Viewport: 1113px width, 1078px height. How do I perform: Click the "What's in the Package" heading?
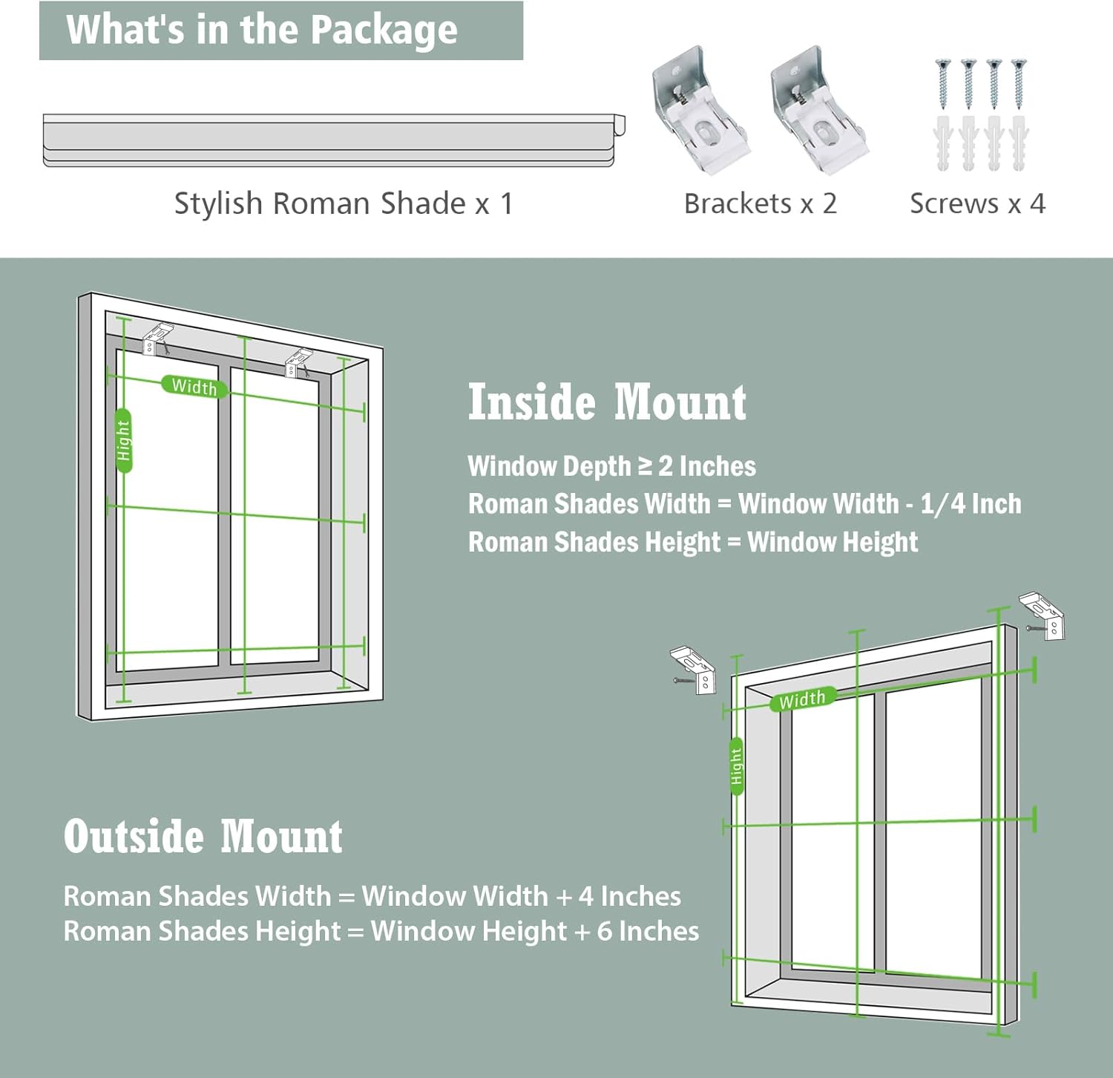point(262,30)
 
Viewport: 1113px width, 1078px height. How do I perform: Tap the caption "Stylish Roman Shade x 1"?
point(344,203)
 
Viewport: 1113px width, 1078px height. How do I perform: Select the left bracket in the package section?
point(699,111)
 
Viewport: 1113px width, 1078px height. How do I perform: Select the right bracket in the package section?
point(818,111)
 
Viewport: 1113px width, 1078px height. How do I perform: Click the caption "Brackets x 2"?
point(760,203)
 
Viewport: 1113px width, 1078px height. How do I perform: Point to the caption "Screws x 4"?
point(977,203)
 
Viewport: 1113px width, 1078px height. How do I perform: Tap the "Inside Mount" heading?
point(607,402)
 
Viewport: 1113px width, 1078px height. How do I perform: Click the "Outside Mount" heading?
point(203,837)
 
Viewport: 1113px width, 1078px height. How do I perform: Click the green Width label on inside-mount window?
point(194,386)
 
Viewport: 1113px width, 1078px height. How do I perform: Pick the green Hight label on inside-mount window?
point(124,440)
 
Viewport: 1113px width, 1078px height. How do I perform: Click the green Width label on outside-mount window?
point(802,699)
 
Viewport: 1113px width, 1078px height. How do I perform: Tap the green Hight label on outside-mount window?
point(736,766)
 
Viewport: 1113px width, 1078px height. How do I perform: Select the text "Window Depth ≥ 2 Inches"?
point(611,466)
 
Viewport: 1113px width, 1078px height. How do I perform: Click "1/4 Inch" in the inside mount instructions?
point(971,504)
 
